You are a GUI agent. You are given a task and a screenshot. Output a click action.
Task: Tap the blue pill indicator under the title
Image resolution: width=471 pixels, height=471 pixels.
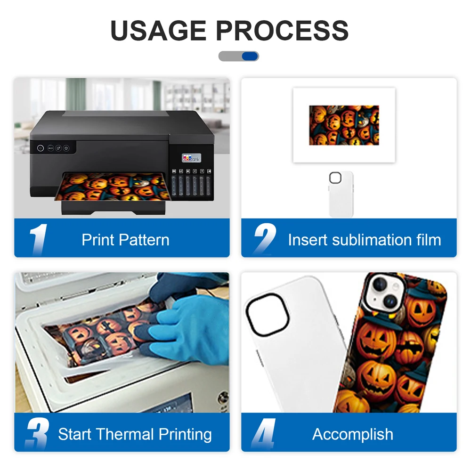click(250, 56)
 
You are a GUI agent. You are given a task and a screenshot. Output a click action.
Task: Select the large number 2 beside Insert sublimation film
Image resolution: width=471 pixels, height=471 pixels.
click(265, 239)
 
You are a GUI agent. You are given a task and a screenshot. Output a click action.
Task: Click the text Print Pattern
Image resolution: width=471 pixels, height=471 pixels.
click(125, 240)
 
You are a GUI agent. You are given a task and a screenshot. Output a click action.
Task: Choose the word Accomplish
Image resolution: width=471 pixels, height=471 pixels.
click(353, 434)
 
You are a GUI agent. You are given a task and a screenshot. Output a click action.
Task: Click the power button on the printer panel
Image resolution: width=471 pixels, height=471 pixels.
click(41, 148)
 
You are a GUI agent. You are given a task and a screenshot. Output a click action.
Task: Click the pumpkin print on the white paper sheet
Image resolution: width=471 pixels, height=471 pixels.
click(344, 125)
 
